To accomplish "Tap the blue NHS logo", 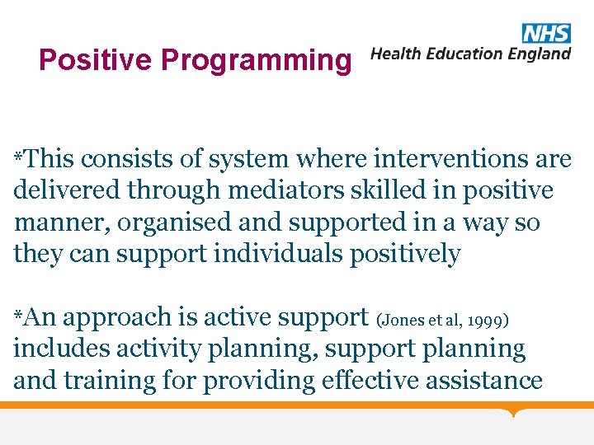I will [545, 33].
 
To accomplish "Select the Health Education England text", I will [470, 54].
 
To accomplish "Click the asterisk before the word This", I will [18, 157].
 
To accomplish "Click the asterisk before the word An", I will [18, 316].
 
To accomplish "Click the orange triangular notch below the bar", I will [514, 411].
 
